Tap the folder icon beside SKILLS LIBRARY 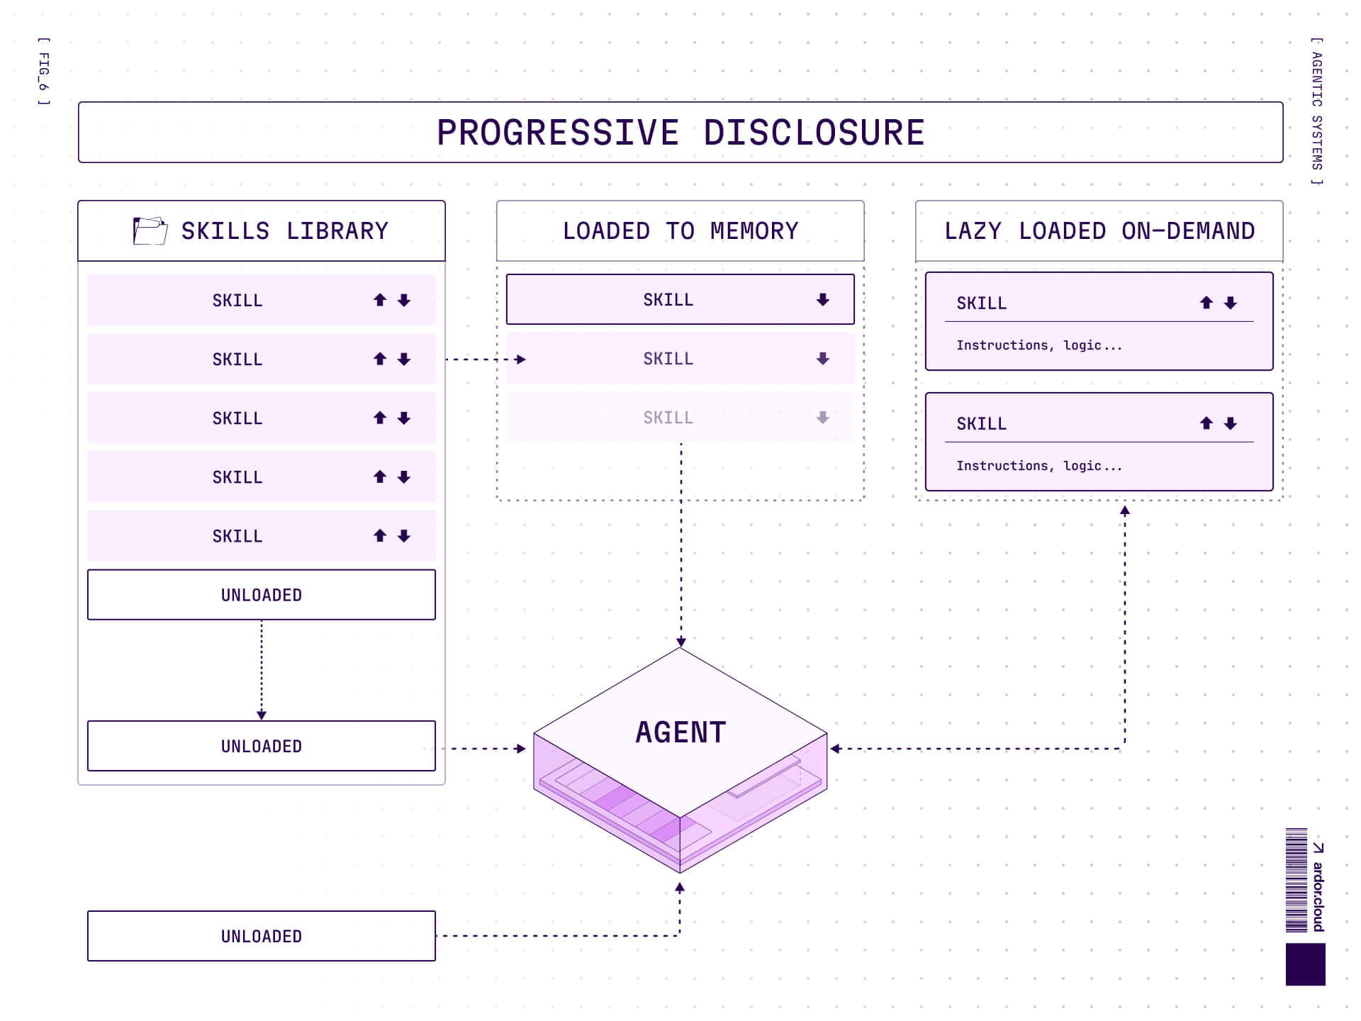coord(150,231)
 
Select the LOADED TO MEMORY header coord(680,231)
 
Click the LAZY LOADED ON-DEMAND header coord(1099,231)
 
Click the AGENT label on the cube coord(680,732)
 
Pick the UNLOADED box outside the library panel coord(261,936)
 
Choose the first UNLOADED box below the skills coord(261,595)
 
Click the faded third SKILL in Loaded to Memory coord(668,418)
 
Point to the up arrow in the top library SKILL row coord(380,300)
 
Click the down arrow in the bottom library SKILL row coord(404,536)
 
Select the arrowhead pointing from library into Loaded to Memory coord(521,359)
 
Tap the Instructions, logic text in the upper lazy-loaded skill coord(1038,345)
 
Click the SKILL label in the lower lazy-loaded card coord(981,424)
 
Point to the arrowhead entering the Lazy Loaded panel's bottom coord(1124,510)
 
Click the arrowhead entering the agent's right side coord(835,749)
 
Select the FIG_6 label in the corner coord(44,72)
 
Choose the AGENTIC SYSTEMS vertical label coord(1316,111)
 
